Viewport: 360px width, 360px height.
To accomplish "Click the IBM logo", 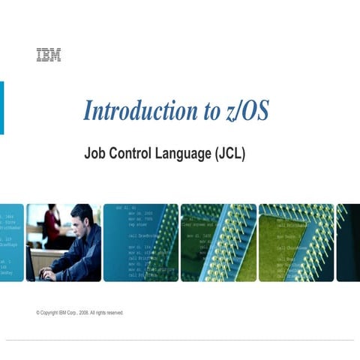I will point(48,55).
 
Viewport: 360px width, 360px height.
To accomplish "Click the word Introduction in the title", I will point(139,111).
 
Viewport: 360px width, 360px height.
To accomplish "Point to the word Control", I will point(133,154).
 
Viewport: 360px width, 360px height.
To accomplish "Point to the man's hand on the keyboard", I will point(48,273).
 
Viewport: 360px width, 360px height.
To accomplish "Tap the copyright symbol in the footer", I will point(38,313).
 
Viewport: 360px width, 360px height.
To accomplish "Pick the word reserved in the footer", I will point(113,313).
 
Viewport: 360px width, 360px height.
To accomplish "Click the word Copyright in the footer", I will point(49,313).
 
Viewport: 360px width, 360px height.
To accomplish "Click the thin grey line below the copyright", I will point(180,339).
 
